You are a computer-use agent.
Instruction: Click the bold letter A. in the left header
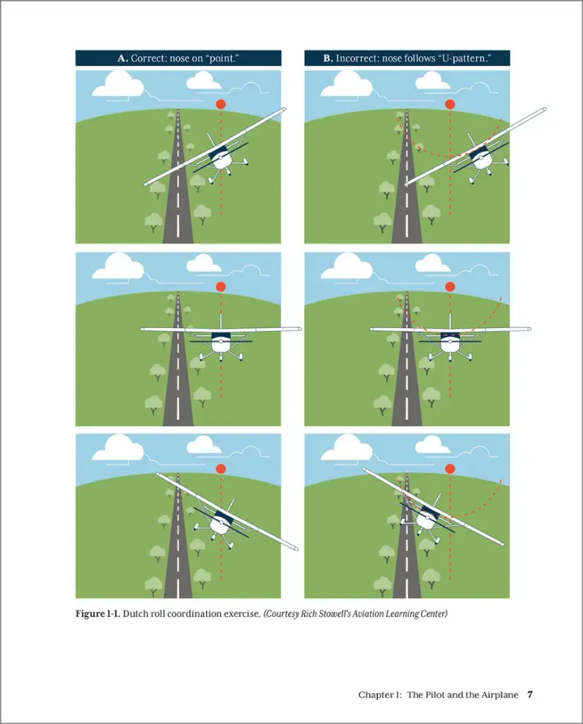[x=122, y=58]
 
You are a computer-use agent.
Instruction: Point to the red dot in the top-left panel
[x=221, y=105]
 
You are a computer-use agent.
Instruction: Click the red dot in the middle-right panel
[x=450, y=287]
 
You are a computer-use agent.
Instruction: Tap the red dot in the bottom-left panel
[x=221, y=469]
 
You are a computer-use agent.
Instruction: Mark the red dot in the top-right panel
[x=450, y=105]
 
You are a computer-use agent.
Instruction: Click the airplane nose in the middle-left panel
[x=221, y=341]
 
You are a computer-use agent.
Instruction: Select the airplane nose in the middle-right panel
[x=450, y=341]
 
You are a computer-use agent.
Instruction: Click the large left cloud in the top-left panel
[x=117, y=84]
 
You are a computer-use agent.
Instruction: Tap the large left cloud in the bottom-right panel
[x=347, y=448]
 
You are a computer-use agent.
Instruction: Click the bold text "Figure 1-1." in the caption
[x=98, y=614]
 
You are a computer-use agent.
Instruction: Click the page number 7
[x=531, y=695]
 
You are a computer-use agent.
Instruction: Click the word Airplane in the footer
[x=500, y=695]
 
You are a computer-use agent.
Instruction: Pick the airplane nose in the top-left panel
[x=221, y=158]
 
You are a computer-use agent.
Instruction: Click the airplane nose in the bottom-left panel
[x=221, y=522]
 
